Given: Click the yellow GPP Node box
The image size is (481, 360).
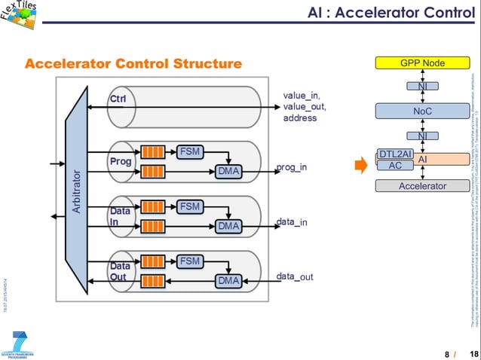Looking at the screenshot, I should [422, 63].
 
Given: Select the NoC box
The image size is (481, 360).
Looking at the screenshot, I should [422, 111].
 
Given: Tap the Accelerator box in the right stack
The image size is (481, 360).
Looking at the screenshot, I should [422, 185].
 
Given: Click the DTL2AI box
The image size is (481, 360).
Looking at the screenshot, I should [395, 154].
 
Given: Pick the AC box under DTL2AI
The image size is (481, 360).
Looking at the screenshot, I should [395, 166].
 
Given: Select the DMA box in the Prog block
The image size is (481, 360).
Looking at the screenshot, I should [228, 171].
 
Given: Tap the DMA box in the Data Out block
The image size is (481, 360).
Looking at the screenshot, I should [228, 280].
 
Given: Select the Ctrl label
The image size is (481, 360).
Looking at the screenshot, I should [118, 99].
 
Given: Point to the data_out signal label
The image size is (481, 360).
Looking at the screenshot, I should [294, 276].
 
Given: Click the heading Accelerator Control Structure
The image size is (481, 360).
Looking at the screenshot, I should [133, 63].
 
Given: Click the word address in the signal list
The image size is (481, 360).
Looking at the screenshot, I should [300, 118].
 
